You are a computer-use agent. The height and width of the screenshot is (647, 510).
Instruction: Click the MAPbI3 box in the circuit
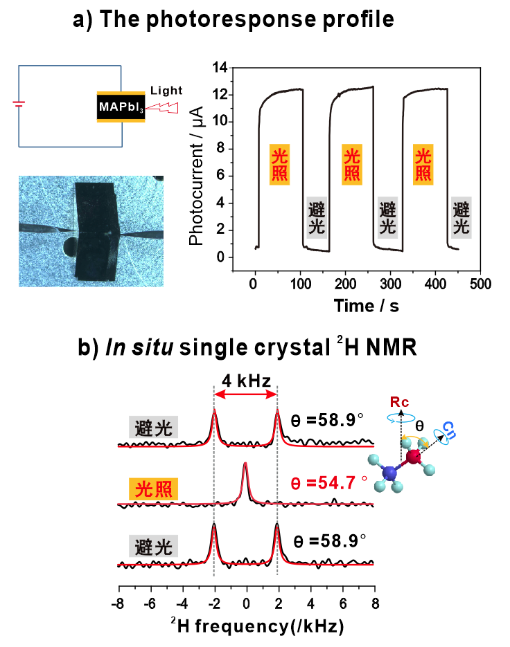coord(121,107)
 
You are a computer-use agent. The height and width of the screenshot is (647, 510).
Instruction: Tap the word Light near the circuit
coord(166,91)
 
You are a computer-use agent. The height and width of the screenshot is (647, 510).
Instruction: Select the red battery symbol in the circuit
coord(19,104)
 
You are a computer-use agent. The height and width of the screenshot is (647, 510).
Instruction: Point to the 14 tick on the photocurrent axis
coord(221,68)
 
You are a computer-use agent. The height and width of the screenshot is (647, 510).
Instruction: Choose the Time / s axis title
coord(366,304)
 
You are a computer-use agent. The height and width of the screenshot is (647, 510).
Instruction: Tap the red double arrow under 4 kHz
coord(245,394)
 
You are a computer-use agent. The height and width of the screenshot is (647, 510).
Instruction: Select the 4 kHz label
coord(245,379)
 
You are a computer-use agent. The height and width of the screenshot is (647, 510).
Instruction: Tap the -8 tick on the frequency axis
coord(119,603)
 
